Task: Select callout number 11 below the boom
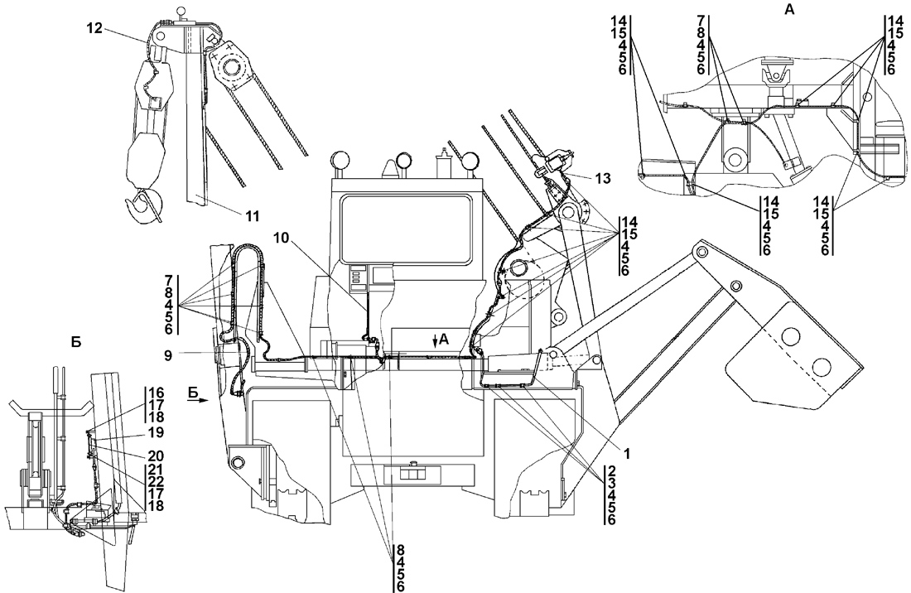point(252,216)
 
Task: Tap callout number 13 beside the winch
point(602,177)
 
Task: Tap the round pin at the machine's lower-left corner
point(239,460)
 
